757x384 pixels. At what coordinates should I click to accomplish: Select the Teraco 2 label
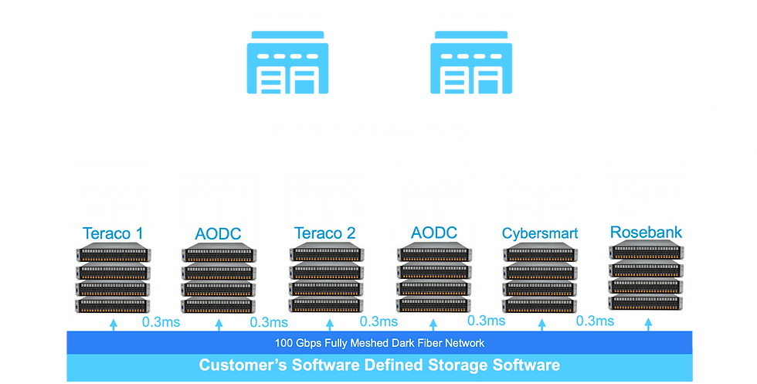tap(324, 233)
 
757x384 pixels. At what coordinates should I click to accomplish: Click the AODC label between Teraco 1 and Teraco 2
tap(218, 233)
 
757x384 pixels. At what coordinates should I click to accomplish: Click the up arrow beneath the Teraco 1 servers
tap(114, 324)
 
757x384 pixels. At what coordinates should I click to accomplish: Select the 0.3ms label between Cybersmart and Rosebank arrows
tap(596, 321)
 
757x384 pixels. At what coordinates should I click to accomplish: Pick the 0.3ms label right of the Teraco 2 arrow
tap(379, 321)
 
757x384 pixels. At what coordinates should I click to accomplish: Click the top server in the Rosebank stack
tap(645, 251)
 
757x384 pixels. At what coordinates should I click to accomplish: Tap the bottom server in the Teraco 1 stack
tap(112, 305)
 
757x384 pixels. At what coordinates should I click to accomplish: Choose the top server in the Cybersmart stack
tap(538, 253)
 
